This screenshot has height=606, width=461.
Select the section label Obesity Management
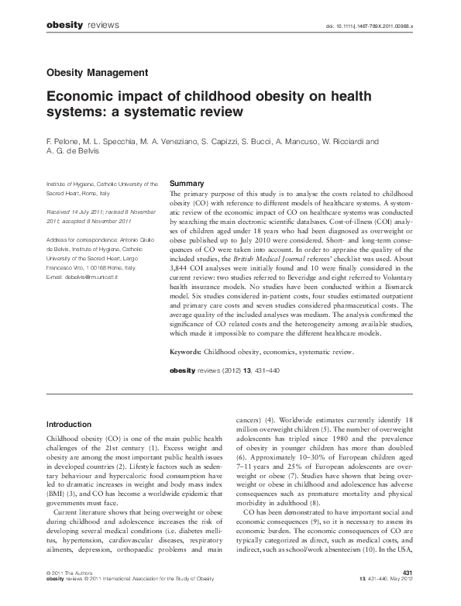[x=97, y=73]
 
